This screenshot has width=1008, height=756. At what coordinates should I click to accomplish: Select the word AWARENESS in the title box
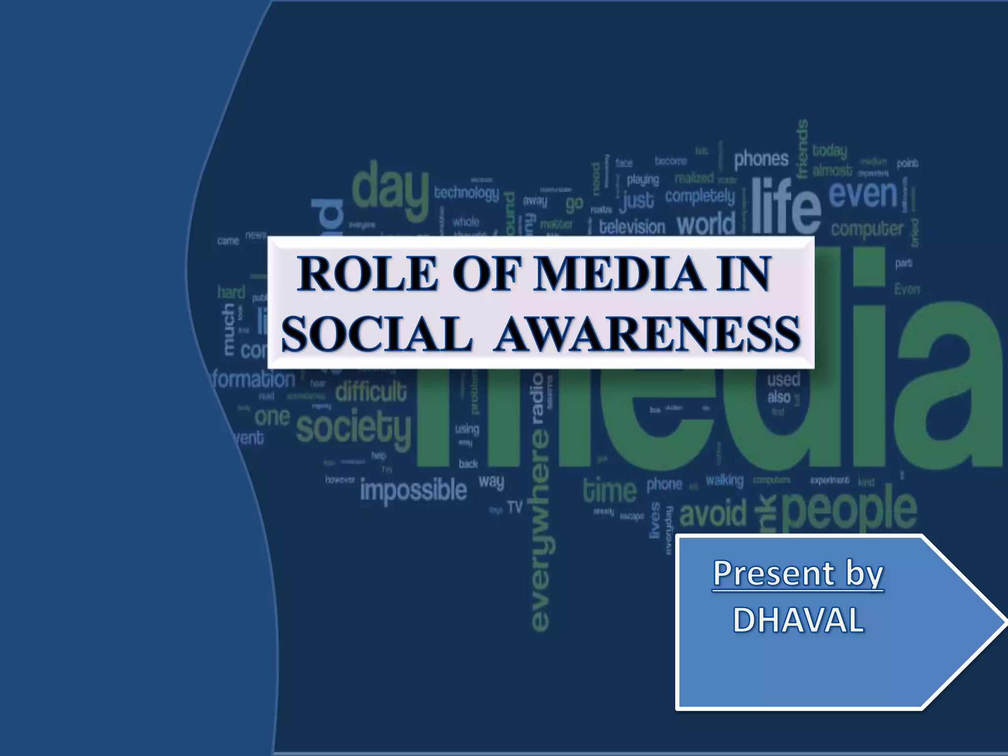(648, 334)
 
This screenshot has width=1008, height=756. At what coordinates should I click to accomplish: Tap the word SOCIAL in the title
(377, 334)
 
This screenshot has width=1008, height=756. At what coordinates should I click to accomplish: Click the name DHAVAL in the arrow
(798, 620)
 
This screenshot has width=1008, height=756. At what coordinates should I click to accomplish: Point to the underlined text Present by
(798, 574)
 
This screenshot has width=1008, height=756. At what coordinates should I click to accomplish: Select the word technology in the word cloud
(466, 192)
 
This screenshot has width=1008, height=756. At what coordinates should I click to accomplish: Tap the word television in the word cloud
(632, 227)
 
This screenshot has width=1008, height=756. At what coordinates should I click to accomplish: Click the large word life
(786, 207)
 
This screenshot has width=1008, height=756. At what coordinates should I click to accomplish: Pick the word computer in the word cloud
(867, 229)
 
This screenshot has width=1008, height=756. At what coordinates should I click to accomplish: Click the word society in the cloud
(353, 427)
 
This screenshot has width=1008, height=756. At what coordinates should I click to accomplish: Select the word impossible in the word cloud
(413, 490)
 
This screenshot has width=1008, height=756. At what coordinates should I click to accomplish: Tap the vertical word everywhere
(540, 529)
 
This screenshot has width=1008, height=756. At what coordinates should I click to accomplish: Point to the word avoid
(713, 513)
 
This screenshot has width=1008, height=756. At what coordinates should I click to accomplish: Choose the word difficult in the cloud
(371, 392)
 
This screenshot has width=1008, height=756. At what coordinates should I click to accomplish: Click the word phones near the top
(761, 159)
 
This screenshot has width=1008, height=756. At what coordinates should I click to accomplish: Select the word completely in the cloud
(699, 196)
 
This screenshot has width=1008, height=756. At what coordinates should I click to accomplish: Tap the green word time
(610, 491)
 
